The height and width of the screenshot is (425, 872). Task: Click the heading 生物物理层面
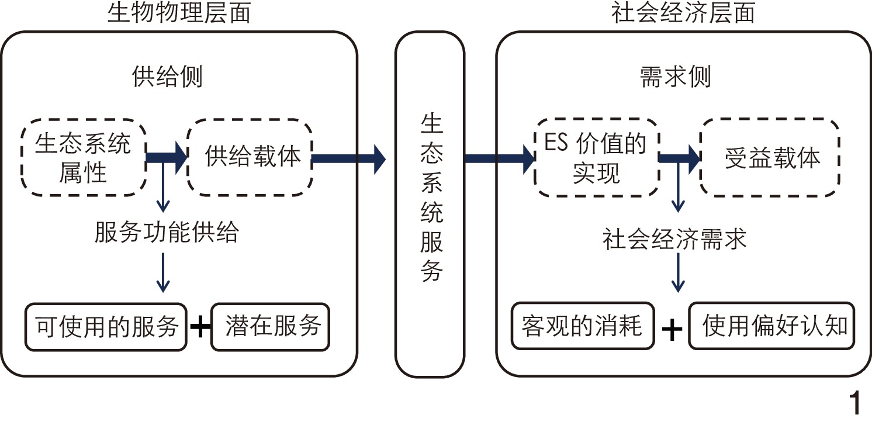coord(179,13)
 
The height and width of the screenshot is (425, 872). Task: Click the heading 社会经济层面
coord(683,13)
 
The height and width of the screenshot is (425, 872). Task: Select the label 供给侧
coord(167,77)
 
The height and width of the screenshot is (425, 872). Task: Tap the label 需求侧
coord(676,77)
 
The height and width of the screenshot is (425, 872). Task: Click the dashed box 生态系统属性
coord(82,157)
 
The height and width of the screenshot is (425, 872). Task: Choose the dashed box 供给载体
coord(250,157)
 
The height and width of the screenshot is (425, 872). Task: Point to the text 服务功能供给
coord(167,233)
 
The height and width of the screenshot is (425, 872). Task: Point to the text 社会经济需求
coord(675,239)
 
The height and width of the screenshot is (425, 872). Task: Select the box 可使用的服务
coord(106,326)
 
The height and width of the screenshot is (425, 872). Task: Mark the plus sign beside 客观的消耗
coord(672,330)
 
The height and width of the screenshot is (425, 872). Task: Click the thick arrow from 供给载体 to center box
coord(350,158)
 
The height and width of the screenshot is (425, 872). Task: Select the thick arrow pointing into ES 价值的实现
coord(500,158)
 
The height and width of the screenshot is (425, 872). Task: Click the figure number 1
coord(854,403)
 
